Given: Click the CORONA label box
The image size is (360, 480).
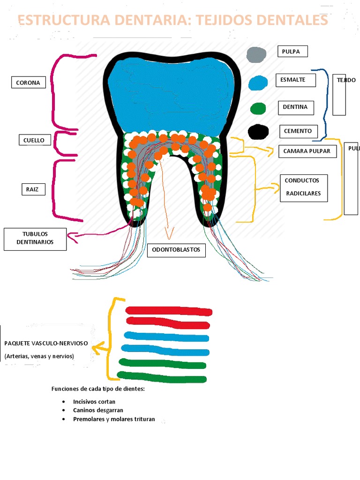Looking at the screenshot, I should click(28, 83).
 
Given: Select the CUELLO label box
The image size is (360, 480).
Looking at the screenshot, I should click(34, 140).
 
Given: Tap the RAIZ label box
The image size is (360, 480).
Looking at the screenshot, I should click(33, 189).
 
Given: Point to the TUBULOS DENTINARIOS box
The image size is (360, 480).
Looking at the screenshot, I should click(35, 239).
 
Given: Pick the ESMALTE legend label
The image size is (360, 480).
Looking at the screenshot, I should click(295, 80).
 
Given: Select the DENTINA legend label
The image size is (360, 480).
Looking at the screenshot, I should click(295, 107).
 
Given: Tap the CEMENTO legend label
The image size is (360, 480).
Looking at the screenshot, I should click(298, 131).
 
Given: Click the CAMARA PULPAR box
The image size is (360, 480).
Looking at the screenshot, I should click(307, 151).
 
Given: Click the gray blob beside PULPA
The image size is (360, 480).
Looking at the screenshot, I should click(257, 55).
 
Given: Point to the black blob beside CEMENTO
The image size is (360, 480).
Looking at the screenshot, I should click(258, 132).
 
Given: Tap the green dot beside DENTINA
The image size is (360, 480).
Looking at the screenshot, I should click(258, 109).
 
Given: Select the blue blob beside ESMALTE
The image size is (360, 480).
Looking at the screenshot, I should click(258, 83).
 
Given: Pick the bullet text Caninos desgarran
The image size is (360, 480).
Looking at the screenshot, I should click(98, 410).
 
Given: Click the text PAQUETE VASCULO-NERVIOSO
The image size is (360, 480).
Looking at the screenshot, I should click(46, 343).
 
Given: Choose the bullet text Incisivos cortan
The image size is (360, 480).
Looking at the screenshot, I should click(94, 402).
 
